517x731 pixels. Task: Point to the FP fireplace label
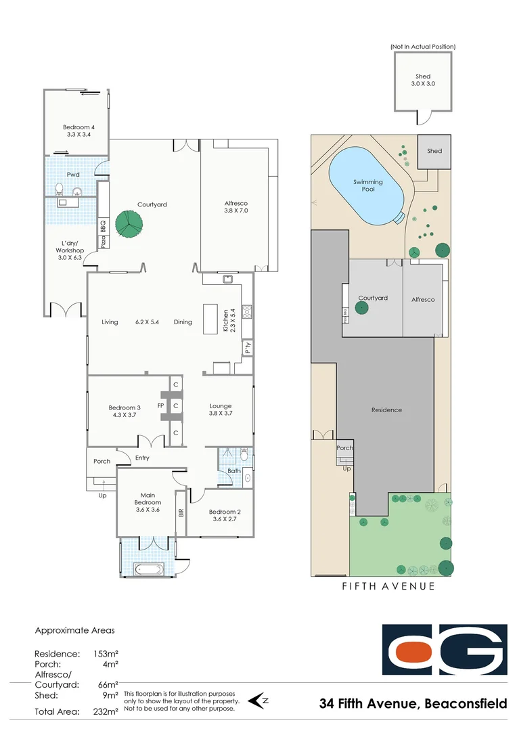click(160, 406)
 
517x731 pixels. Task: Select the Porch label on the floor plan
click(102, 462)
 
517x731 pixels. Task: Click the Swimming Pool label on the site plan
click(367, 185)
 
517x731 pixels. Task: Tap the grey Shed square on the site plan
click(434, 152)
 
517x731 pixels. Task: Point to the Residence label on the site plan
click(386, 410)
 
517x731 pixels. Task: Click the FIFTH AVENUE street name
click(388, 586)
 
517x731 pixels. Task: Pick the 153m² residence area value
click(106, 655)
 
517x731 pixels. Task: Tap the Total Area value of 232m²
click(105, 712)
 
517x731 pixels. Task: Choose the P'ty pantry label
click(248, 347)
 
